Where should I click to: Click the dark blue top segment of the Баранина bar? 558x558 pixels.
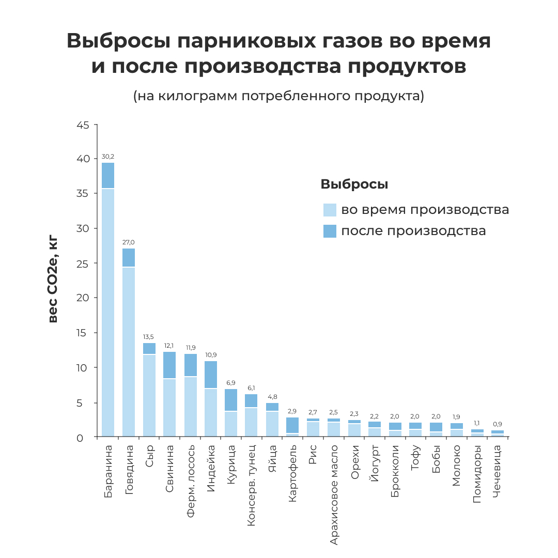108,176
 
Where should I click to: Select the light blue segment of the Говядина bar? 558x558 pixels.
129,351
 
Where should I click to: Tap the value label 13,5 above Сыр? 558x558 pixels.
149,337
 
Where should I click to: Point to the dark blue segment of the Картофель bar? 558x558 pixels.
292,425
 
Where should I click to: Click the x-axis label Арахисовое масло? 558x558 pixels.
334,495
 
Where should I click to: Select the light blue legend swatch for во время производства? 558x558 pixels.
330,210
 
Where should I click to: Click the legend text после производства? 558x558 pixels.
413,230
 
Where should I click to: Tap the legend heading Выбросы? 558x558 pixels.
354,184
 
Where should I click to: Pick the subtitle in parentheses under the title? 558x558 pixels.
278,96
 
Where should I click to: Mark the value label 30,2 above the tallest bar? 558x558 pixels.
108,156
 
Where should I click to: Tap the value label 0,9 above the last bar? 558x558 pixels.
497,424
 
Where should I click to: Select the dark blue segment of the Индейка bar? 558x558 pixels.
210,375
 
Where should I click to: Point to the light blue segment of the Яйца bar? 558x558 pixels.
272,424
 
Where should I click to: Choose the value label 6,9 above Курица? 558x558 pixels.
231,382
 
